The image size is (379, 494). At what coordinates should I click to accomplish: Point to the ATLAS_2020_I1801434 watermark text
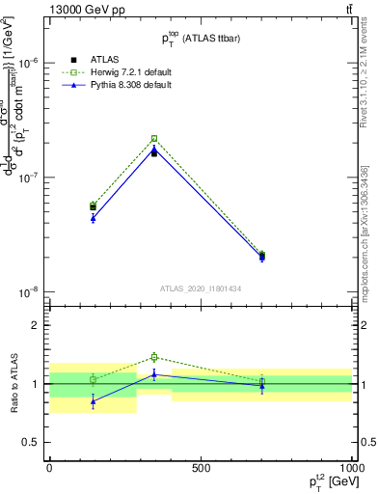click(200, 288)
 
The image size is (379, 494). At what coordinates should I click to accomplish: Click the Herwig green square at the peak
click(154, 138)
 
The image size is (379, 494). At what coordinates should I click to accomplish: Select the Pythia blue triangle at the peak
click(154, 149)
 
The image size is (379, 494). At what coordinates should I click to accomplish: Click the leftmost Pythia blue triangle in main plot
click(93, 218)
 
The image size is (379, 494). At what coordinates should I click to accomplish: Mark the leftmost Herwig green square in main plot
click(93, 205)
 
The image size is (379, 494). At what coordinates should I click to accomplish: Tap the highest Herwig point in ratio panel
click(154, 357)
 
